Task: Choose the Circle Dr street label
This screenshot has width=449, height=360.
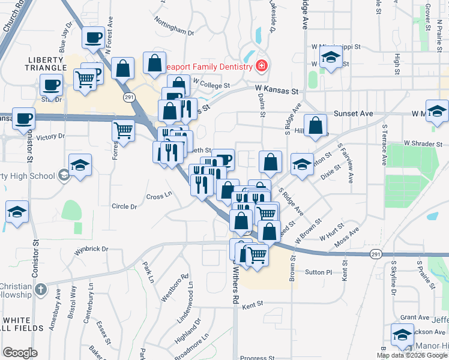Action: click(x=124, y=206)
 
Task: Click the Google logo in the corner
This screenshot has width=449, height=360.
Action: click(x=20, y=353)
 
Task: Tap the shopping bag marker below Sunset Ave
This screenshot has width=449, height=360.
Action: click(x=316, y=125)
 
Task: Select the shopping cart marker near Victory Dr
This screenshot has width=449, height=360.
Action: click(x=124, y=129)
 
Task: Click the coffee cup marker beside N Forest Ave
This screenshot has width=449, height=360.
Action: click(x=93, y=38)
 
